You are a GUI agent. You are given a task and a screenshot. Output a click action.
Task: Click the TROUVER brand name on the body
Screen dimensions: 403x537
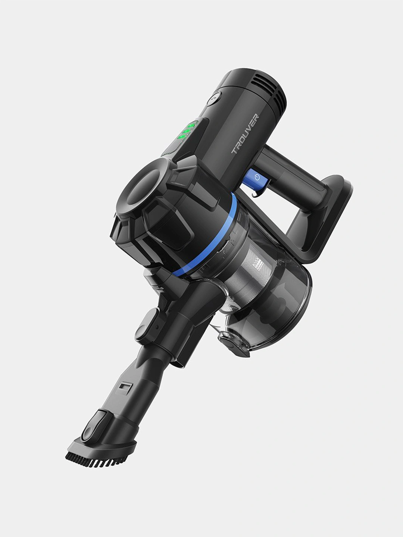pyautogui.click(x=245, y=134)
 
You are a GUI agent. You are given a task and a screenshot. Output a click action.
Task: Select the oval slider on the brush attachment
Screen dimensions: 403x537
pyautogui.click(x=93, y=427)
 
